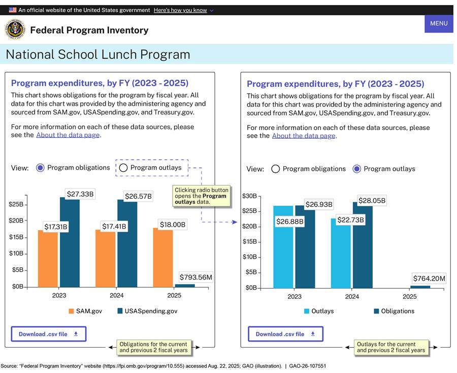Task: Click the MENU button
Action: pos(439,23)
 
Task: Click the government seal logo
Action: pos(15,30)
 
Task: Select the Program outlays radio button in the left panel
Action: pos(123,168)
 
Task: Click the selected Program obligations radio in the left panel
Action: pos(41,168)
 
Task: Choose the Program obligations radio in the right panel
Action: pos(276,169)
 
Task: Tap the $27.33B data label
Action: pos(81,194)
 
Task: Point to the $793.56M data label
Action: pos(195,277)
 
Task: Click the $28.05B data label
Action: pos(372,200)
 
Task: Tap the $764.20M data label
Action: pos(429,278)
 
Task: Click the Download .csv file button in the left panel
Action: pos(49,334)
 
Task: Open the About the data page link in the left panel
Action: pos(68,135)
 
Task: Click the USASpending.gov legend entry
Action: pos(147,311)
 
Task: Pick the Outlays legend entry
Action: pos(319,311)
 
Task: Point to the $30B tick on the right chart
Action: pos(249,196)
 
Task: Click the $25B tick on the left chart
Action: pos(16,204)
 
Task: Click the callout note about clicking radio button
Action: pos(201,196)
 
